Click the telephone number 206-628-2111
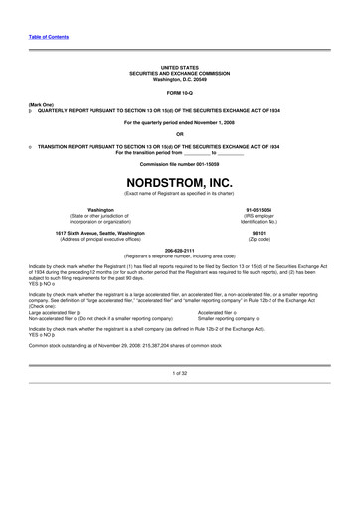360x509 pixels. tap(179, 251)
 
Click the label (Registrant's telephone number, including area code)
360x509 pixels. tap(179, 256)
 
